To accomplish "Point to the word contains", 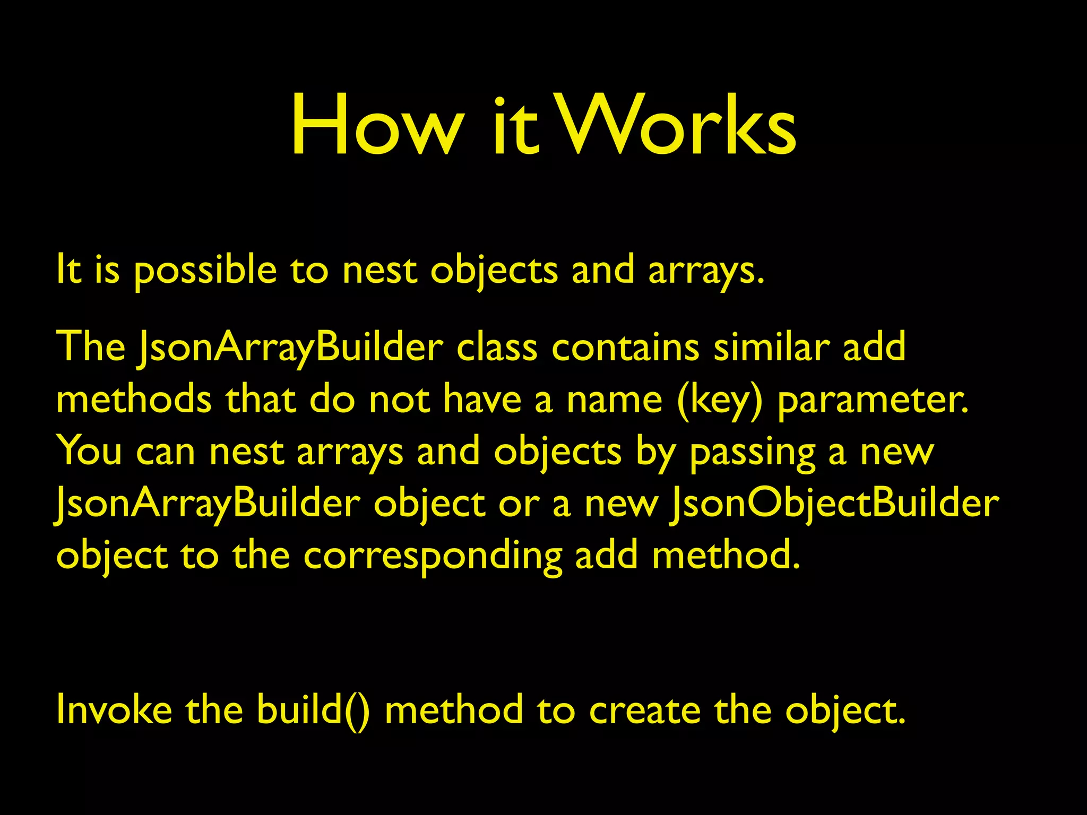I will pyautogui.click(x=626, y=348).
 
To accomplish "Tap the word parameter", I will pyautogui.click(x=873, y=401).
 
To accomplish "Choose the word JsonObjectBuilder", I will pyautogui.click(x=833, y=504).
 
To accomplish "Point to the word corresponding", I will pyautogui.click(x=433, y=557).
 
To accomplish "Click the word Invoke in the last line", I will pyautogui.click(x=114, y=709).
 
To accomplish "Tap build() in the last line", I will pyautogui.click(x=314, y=709).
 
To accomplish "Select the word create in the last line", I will pyautogui.click(x=645, y=710).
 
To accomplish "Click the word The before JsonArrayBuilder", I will pyautogui.click(x=91, y=348).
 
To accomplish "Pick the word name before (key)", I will pyautogui.click(x=615, y=401).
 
